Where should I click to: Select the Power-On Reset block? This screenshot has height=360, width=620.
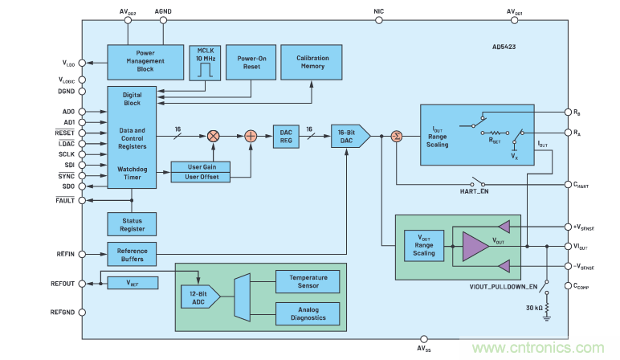(245, 63)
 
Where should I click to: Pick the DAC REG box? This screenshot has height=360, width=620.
(285, 137)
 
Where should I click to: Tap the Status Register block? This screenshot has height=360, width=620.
(132, 223)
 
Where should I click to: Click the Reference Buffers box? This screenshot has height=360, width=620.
(132, 253)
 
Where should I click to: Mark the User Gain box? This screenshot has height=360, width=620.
(201, 166)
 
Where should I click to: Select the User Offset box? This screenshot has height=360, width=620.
(201, 176)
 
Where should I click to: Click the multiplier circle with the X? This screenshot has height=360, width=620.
(214, 137)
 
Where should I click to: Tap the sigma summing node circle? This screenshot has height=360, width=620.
(396, 137)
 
